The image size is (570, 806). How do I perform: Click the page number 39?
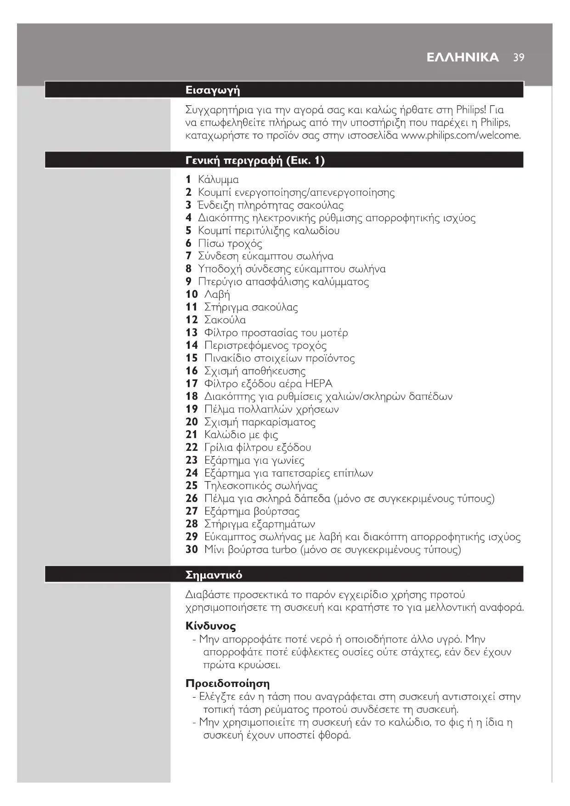pyautogui.click(x=519, y=57)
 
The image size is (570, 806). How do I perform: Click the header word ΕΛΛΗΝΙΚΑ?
pyautogui.click(x=463, y=57)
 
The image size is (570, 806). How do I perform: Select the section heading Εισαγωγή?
pyautogui.click(x=213, y=90)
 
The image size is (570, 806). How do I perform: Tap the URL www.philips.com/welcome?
pyautogui.click(x=461, y=136)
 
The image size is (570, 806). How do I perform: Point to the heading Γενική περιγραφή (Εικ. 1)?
pyautogui.click(x=255, y=160)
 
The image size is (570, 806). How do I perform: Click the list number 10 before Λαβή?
pyautogui.click(x=192, y=294)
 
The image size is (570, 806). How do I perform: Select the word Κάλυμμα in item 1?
pyautogui.click(x=218, y=180)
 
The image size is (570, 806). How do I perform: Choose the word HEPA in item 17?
pyautogui.click(x=318, y=384)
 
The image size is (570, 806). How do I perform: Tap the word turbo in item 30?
pyautogui.click(x=284, y=550)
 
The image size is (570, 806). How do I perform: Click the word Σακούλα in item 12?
pyautogui.click(x=225, y=320)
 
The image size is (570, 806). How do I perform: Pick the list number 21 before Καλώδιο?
pyautogui.click(x=192, y=435)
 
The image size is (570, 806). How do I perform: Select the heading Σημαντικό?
pyautogui.click(x=214, y=575)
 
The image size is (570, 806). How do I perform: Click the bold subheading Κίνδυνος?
pyautogui.click(x=211, y=626)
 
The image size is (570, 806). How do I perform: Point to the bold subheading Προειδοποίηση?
pyautogui.click(x=227, y=683)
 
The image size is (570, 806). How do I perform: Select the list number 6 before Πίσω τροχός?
pyautogui.click(x=188, y=243)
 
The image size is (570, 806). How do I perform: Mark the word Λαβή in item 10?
pyautogui.click(x=217, y=294)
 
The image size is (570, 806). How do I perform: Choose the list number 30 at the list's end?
pyautogui.click(x=192, y=550)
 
